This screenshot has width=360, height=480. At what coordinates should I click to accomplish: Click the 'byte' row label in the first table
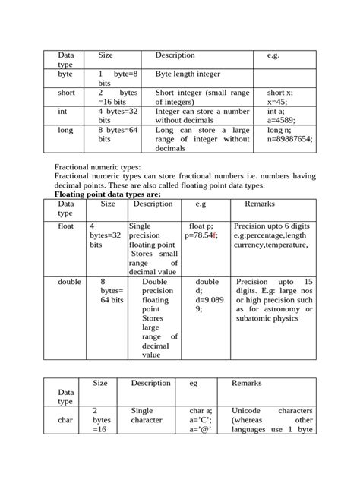tap(65, 75)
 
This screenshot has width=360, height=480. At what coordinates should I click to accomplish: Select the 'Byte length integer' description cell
tap(187, 75)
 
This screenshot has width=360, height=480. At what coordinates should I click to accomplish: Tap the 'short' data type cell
tap(66, 92)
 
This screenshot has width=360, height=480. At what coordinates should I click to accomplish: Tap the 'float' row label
tap(66, 226)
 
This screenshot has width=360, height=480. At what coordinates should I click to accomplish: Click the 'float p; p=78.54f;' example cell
tap(201, 231)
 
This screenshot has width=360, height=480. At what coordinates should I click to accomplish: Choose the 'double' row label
tap(68, 281)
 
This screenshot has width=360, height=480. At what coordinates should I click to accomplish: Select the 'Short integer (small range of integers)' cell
tap(202, 96)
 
